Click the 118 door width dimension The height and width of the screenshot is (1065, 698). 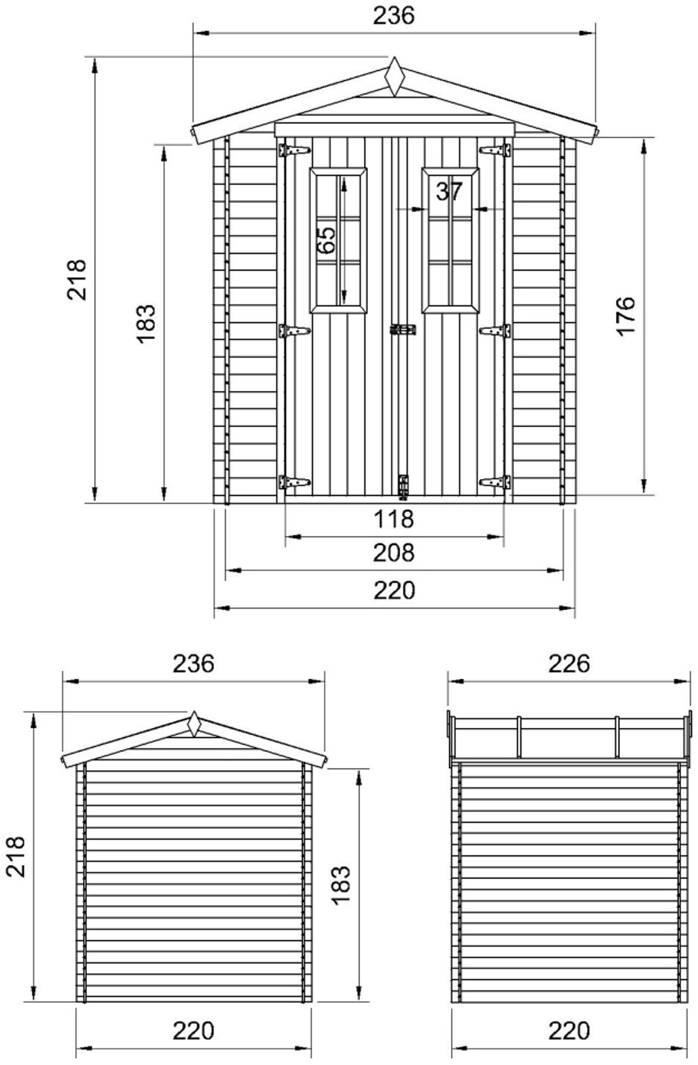394,518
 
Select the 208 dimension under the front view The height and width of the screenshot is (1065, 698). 394,553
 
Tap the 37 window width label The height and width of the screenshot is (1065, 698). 449,191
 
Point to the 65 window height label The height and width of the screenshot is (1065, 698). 326,239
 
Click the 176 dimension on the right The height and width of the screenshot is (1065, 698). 626,317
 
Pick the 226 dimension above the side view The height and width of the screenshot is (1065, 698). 569,663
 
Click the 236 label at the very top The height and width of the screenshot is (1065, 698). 394,15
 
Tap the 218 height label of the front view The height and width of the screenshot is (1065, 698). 77,280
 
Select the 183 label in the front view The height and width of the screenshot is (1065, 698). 146,324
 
